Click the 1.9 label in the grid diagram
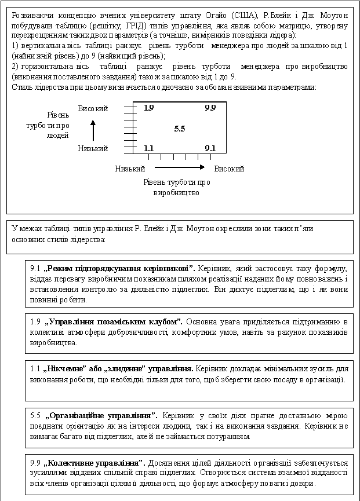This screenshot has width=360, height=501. [x=149, y=108]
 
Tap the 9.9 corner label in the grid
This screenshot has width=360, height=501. [x=210, y=108]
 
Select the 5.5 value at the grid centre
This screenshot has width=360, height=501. [x=180, y=129]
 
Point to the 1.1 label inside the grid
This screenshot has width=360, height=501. [x=149, y=148]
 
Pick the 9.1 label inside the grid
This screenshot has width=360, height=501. [x=210, y=148]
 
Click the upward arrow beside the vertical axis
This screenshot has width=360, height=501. [x=93, y=130]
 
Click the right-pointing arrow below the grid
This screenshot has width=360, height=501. [x=180, y=168]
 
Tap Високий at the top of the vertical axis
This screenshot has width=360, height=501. [x=93, y=109]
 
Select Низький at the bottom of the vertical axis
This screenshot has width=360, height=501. [x=93, y=148]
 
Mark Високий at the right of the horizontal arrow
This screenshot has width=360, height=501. [x=229, y=169]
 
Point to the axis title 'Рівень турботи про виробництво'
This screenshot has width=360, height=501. [x=176, y=187]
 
